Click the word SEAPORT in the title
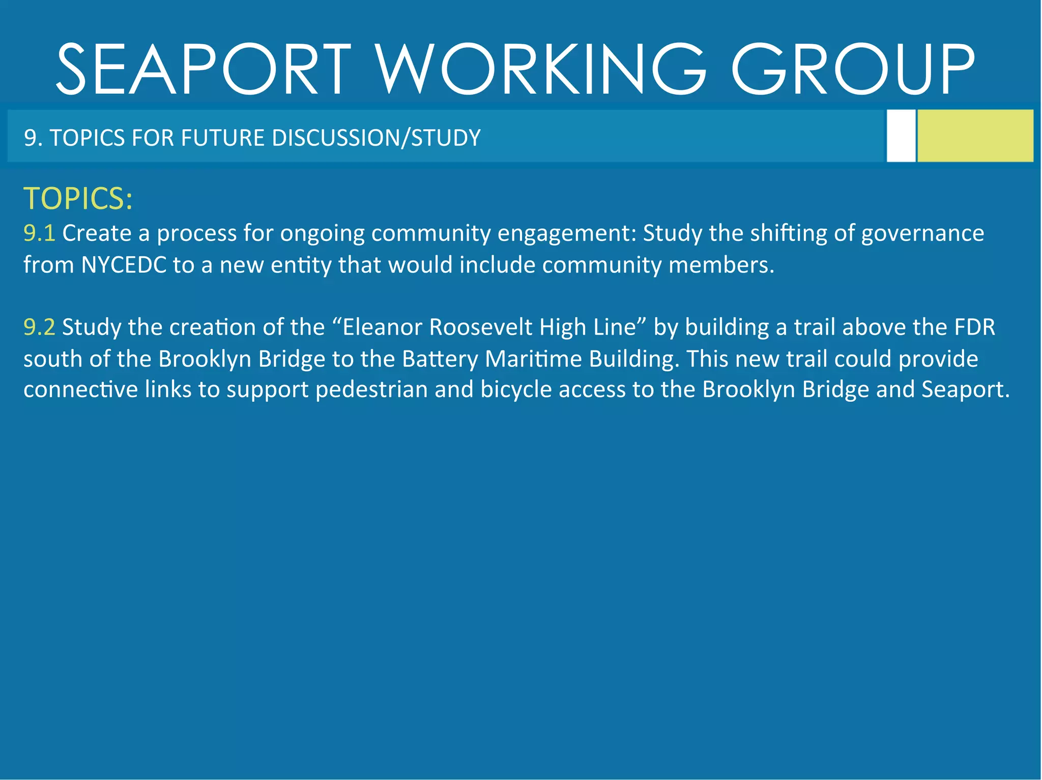coord(204,70)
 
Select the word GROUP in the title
coord(853,70)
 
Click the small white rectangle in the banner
coord(901,136)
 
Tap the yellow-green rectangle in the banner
coord(975,136)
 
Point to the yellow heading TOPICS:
coord(78,198)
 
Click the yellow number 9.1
coord(39,233)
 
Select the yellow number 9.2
coord(39,327)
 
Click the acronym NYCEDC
coord(124,265)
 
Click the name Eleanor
coord(383,327)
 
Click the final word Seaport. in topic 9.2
coord(965,390)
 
